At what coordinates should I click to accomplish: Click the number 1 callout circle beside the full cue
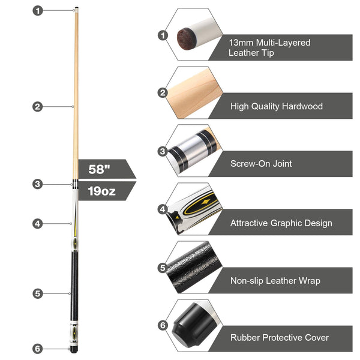tap(38, 11)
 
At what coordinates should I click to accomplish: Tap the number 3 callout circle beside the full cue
tap(38, 184)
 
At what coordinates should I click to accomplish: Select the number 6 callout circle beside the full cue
tap(37, 349)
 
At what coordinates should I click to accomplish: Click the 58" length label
tap(99, 169)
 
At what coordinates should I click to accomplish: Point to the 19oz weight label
tap(101, 191)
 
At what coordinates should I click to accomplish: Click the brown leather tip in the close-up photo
tap(187, 38)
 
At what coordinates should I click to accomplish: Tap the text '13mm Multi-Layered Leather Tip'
tap(269, 47)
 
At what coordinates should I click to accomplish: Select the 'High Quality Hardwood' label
tap(277, 106)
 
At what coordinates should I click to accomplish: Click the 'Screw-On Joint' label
tap(261, 164)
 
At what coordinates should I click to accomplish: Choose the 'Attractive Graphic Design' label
tap(281, 223)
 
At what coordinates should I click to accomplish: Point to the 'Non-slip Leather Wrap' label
tap(275, 281)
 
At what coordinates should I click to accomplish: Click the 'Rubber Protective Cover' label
tap(280, 337)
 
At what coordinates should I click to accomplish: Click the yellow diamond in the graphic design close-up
tap(205, 202)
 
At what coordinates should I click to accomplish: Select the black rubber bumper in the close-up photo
tap(194, 324)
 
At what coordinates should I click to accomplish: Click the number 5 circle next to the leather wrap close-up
tap(163, 268)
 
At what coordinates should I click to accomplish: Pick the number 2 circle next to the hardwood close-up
tap(163, 93)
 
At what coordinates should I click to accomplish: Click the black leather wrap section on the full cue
tap(74, 286)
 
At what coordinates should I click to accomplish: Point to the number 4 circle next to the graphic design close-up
tap(163, 209)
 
